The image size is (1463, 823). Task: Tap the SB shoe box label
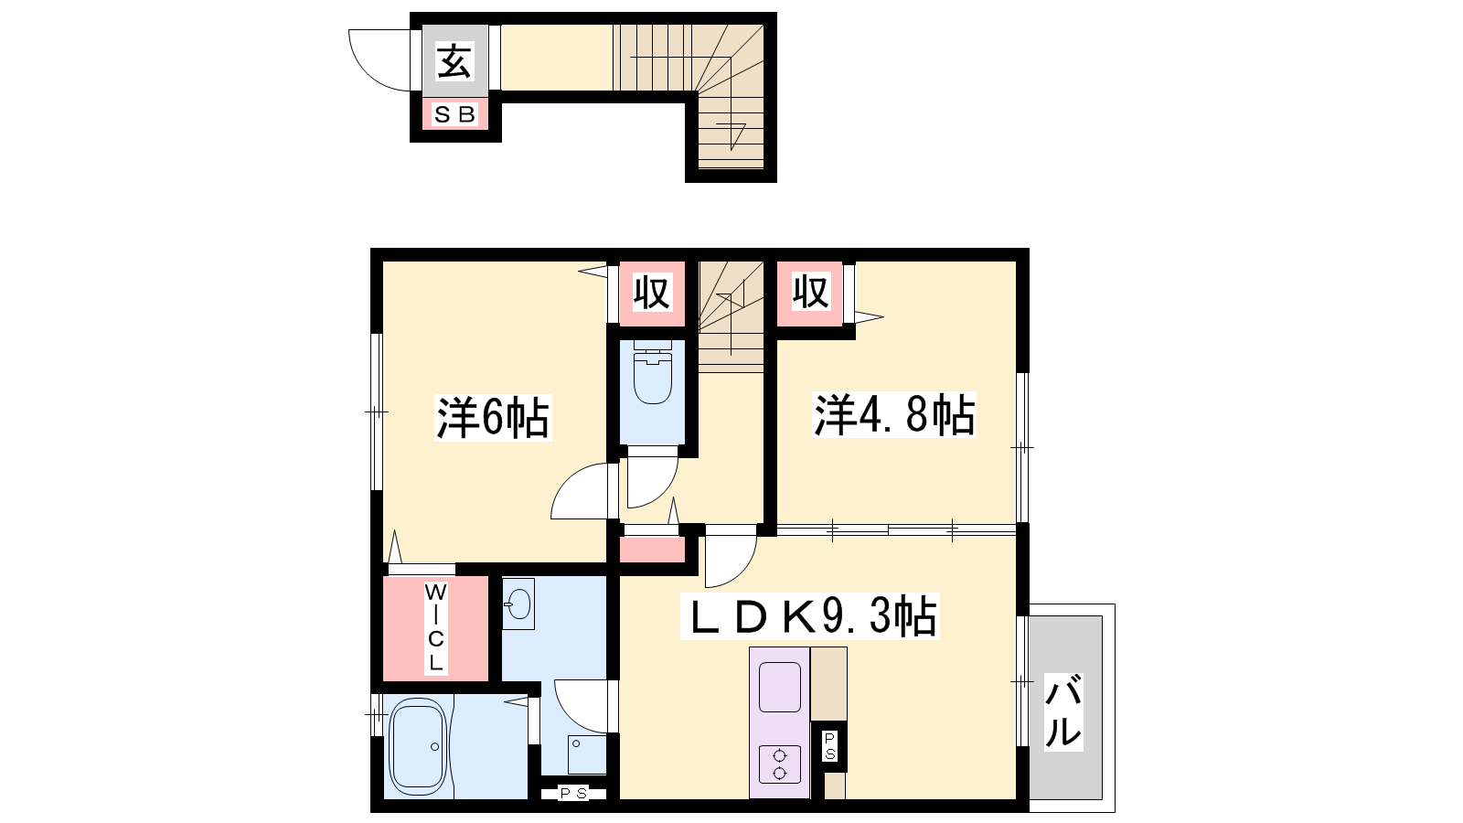[x=454, y=115]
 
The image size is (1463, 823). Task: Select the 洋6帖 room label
[x=493, y=417]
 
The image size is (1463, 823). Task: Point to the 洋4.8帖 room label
[x=894, y=415]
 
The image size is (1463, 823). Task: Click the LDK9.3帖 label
[x=810, y=616]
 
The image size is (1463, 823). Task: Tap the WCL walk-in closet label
[x=435, y=628]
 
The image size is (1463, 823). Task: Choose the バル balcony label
[x=1063, y=711]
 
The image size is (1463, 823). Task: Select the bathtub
[x=418, y=746]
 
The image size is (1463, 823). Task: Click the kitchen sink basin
[x=780, y=687]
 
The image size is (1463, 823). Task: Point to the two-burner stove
[x=780, y=764]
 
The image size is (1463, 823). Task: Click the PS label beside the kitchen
[x=828, y=746]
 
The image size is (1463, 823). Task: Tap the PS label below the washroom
[x=573, y=794]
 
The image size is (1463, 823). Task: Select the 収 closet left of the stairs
[x=652, y=293]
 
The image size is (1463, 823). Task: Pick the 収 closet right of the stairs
[x=810, y=292]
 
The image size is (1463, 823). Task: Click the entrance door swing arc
[x=366, y=73]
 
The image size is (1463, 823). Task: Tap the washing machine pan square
[x=587, y=754]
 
